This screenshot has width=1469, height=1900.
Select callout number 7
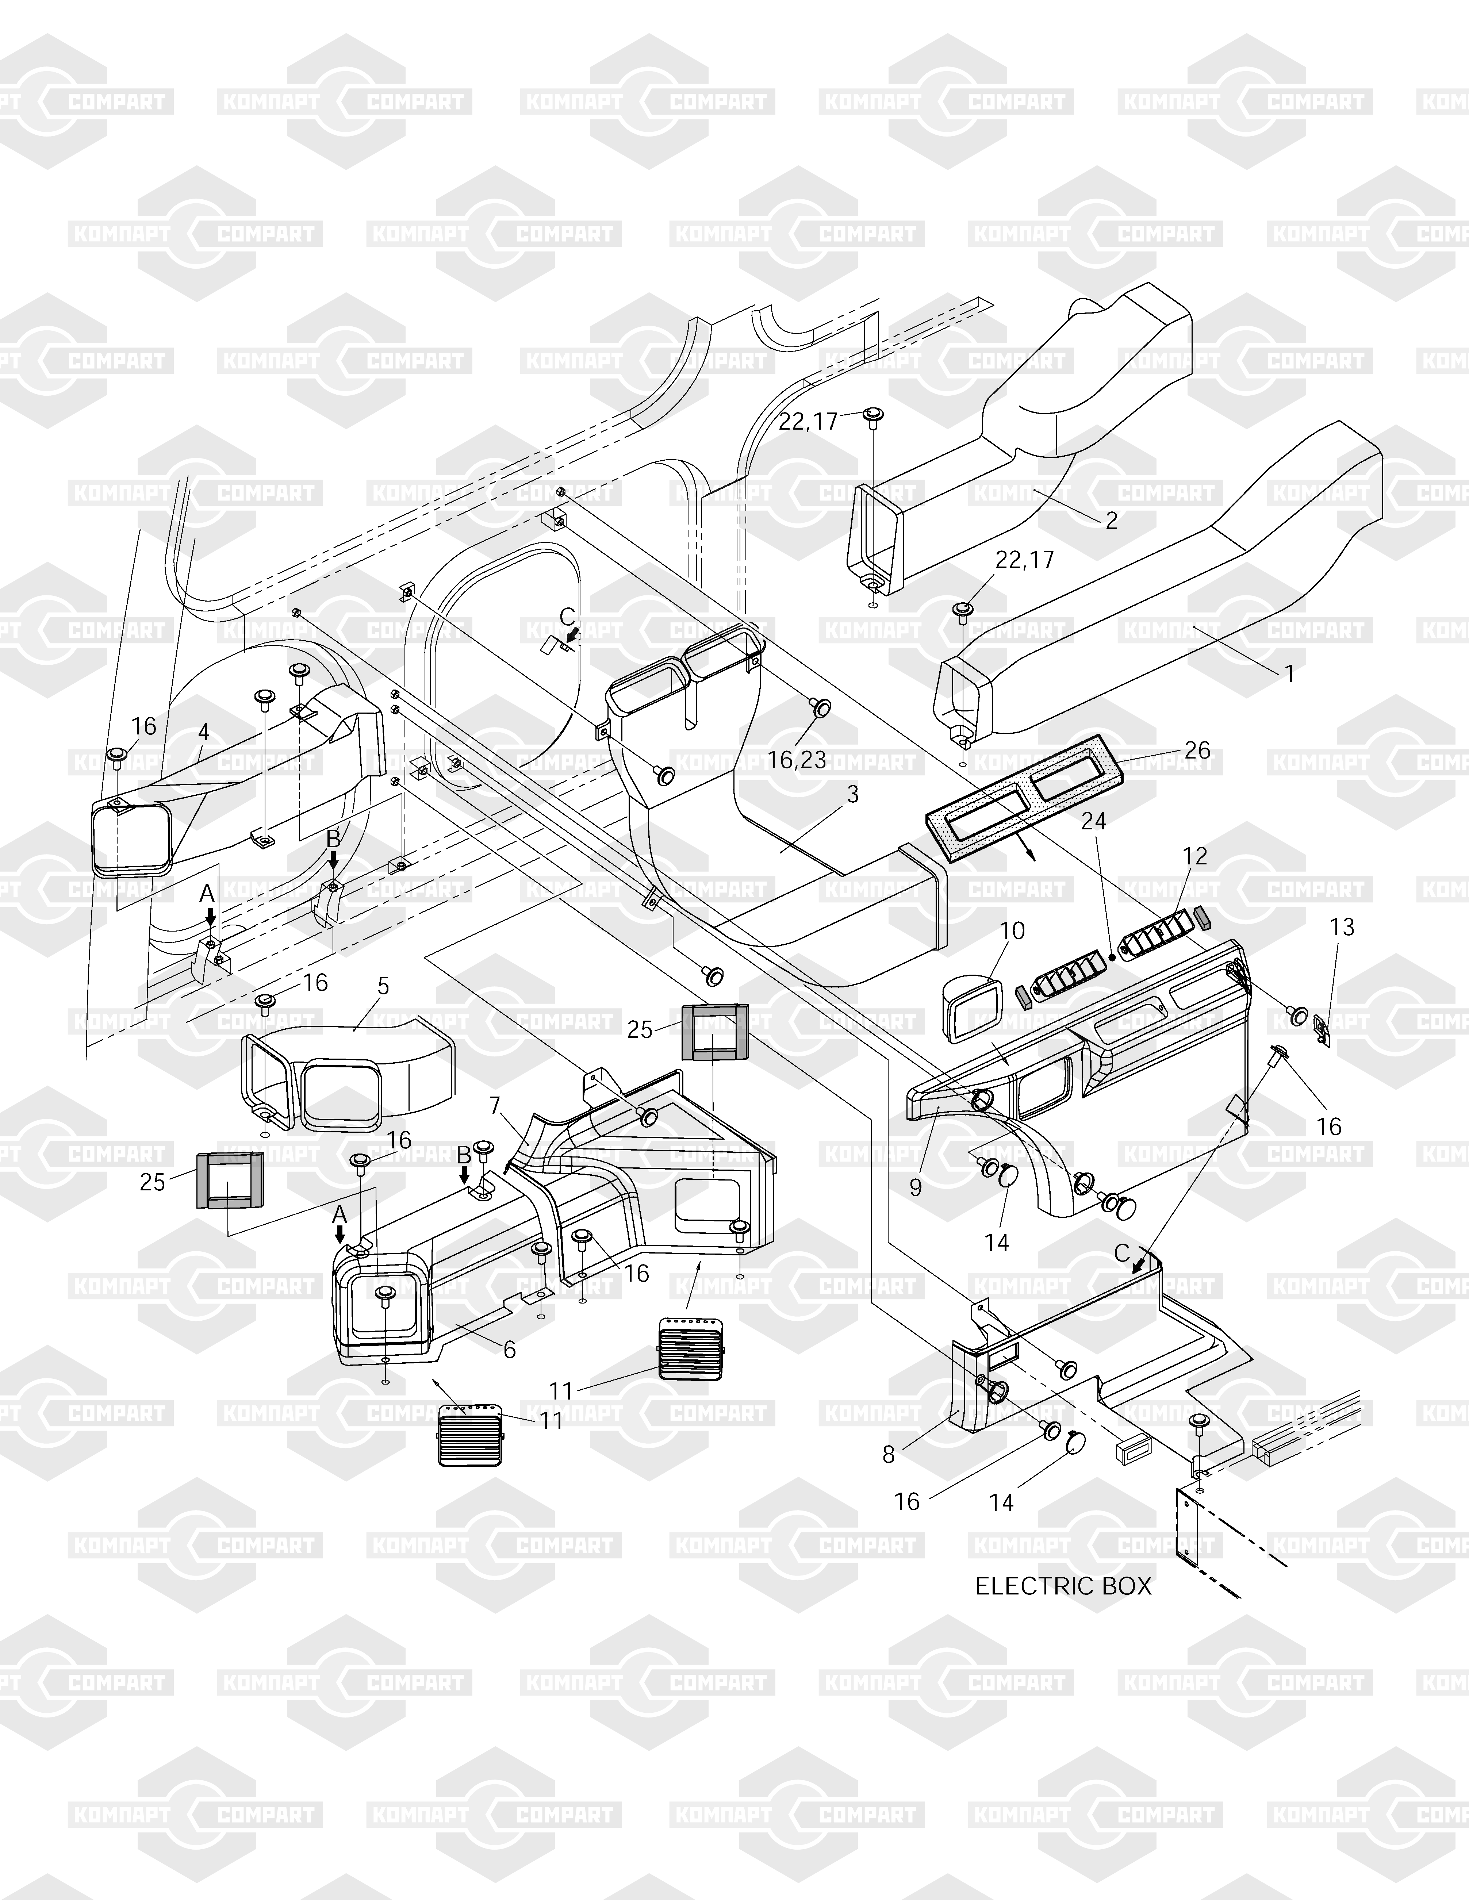coord(495,1106)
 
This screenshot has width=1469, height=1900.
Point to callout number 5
coord(383,987)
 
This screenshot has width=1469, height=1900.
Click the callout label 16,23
coord(797,760)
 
